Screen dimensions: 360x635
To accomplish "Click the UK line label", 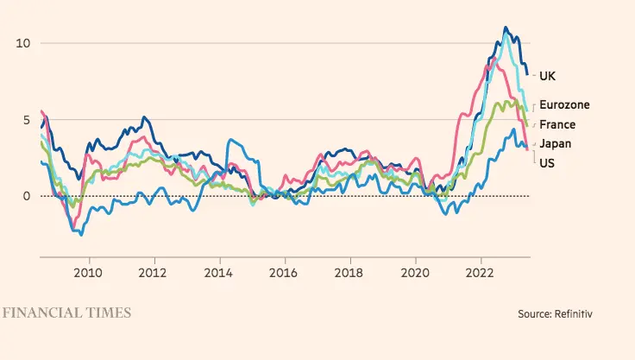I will [546, 76].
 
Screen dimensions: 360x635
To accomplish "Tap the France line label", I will [557, 125].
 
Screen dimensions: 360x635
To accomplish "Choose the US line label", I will [546, 162].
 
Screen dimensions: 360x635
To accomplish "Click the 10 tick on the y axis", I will [22, 43].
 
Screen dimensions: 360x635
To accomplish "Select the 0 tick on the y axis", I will [26, 196].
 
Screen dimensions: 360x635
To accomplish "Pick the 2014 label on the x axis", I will [219, 273].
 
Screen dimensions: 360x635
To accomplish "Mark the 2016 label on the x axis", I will [285, 273].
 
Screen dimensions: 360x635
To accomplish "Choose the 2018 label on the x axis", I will [350, 273].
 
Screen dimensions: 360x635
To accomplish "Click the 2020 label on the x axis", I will [416, 273].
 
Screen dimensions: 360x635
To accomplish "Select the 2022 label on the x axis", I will [481, 273].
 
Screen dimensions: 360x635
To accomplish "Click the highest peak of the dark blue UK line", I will [506, 28].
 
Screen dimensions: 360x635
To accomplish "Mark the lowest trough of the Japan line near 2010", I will [80, 233].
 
